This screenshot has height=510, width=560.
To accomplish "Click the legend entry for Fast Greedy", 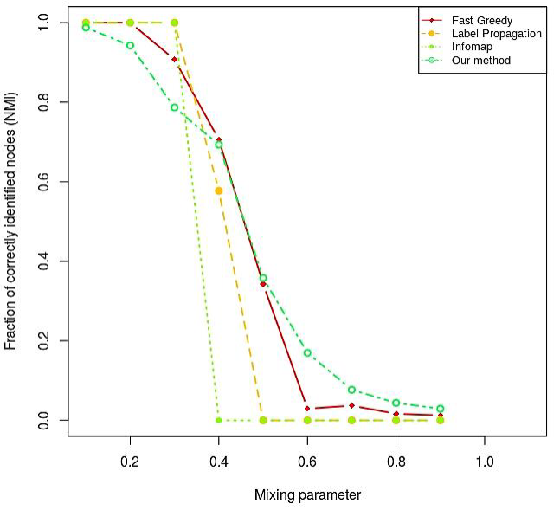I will [482, 21].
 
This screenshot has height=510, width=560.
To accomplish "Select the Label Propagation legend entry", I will [496, 34].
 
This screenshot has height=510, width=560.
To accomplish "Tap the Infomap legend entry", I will [472, 47].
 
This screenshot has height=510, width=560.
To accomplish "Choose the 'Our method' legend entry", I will [480, 60].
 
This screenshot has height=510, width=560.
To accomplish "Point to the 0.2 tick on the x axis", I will [130, 462].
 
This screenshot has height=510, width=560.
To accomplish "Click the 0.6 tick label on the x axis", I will [307, 462].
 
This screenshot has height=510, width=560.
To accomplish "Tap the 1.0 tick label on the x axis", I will [485, 462].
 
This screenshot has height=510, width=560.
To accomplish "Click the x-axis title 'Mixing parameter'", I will [307, 495].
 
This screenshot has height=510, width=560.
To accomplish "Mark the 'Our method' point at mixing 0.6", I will [307, 353].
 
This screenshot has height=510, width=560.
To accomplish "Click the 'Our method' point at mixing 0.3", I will [174, 107].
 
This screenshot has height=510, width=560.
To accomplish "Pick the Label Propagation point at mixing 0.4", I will [219, 190].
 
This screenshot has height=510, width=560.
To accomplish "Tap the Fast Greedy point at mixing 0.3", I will [174, 60].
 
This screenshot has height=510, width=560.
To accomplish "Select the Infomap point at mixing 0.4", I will [219, 420].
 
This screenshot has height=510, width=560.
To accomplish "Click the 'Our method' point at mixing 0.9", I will [441, 409].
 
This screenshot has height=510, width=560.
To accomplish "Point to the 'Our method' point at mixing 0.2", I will [130, 45].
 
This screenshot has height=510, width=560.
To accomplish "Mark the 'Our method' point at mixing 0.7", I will [351, 390].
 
